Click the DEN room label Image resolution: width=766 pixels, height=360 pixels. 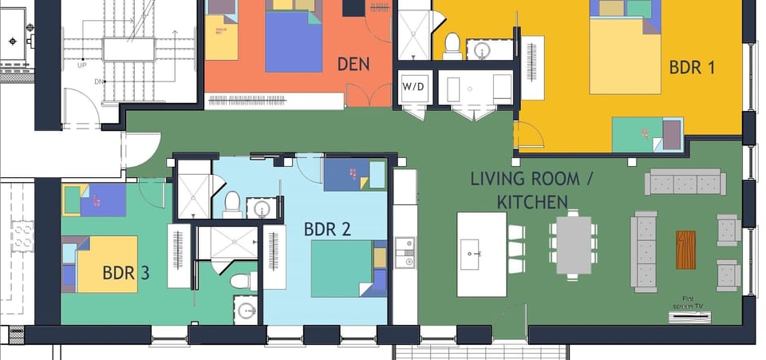(353, 64)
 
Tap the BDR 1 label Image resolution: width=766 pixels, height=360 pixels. (692, 67)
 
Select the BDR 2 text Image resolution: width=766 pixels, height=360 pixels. (327, 229)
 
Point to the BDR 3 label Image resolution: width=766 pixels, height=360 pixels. (126, 273)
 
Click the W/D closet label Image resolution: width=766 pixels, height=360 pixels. (413, 86)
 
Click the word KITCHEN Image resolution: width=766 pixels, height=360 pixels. (532, 202)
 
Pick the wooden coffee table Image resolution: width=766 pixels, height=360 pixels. (685, 250)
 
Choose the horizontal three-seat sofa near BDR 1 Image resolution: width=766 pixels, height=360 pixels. (685, 182)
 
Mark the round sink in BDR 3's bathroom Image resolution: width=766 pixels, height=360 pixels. (246, 310)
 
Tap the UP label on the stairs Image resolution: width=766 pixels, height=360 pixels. (81, 65)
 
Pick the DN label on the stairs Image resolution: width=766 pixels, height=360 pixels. (99, 81)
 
